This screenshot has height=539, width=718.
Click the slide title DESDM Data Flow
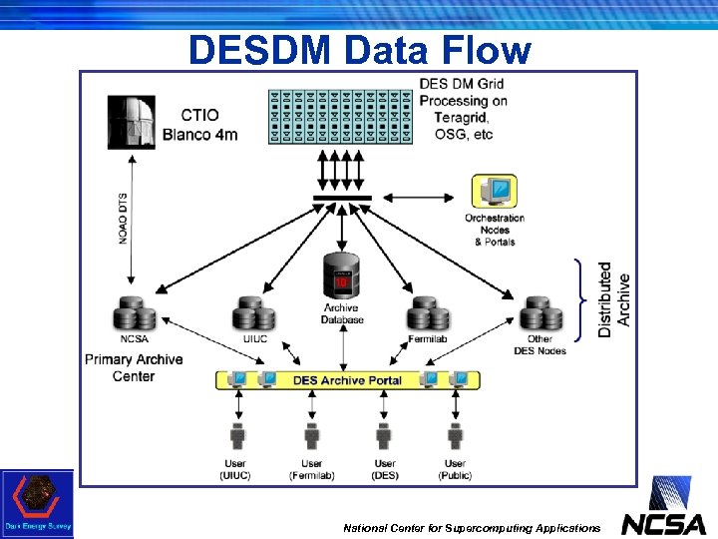click(359, 49)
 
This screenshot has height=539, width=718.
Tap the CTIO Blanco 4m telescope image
click(131, 122)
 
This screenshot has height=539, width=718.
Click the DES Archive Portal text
click(347, 380)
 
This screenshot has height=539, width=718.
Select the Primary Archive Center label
click(134, 367)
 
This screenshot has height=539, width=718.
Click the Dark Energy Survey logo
click(37, 503)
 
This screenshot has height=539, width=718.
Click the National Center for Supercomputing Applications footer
click(472, 527)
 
